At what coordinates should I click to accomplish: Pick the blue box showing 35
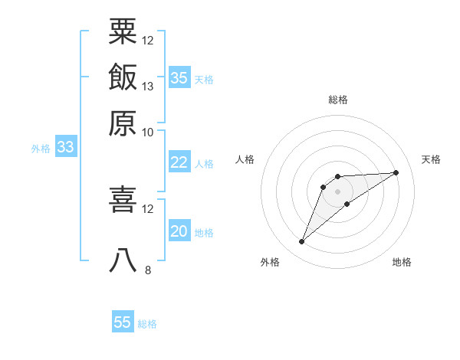179,77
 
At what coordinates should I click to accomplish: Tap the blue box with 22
179,162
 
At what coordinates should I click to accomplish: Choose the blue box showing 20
179,231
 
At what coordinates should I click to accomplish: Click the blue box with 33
65,148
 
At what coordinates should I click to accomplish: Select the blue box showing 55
123,322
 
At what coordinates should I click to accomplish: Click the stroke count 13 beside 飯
148,86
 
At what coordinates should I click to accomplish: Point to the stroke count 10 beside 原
148,132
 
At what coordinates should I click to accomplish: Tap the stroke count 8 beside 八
147,270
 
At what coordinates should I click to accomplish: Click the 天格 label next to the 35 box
204,79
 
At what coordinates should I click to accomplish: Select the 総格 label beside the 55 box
147,324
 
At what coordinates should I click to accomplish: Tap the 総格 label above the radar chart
338,100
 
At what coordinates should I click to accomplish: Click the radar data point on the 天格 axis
396,172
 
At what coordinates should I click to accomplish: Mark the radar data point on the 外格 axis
301,242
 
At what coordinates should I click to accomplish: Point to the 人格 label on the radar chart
245,159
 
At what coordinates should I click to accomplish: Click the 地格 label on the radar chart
402,263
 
